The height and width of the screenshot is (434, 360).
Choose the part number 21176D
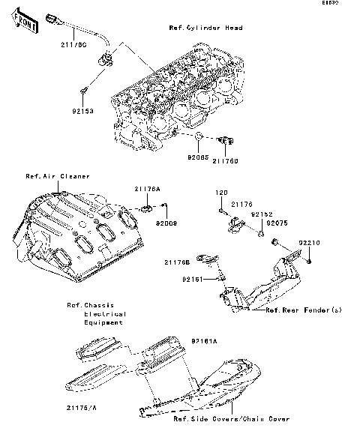point(225,159)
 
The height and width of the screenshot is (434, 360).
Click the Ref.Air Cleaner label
point(58,176)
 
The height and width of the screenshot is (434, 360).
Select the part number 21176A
point(147,188)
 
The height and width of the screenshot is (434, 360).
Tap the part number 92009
point(166,223)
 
